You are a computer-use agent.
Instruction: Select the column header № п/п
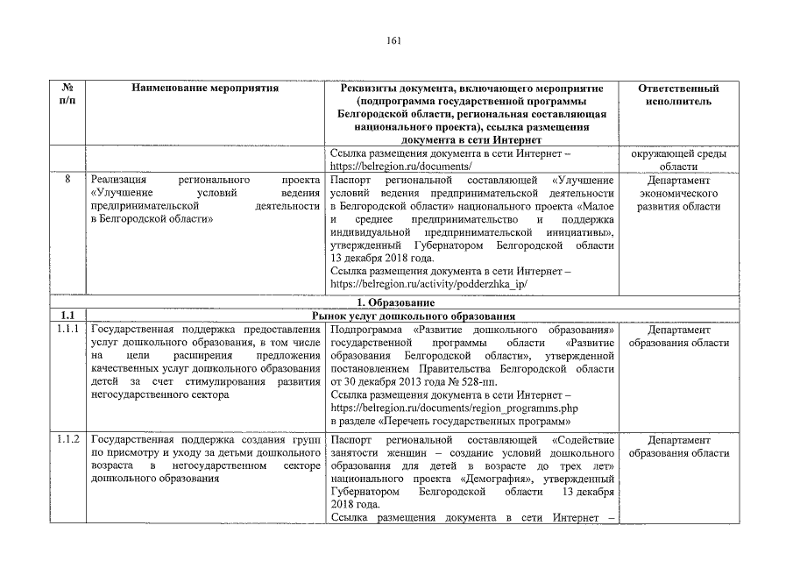[67, 95]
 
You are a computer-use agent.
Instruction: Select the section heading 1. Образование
[394, 302]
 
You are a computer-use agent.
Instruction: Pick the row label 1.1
[67, 316]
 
